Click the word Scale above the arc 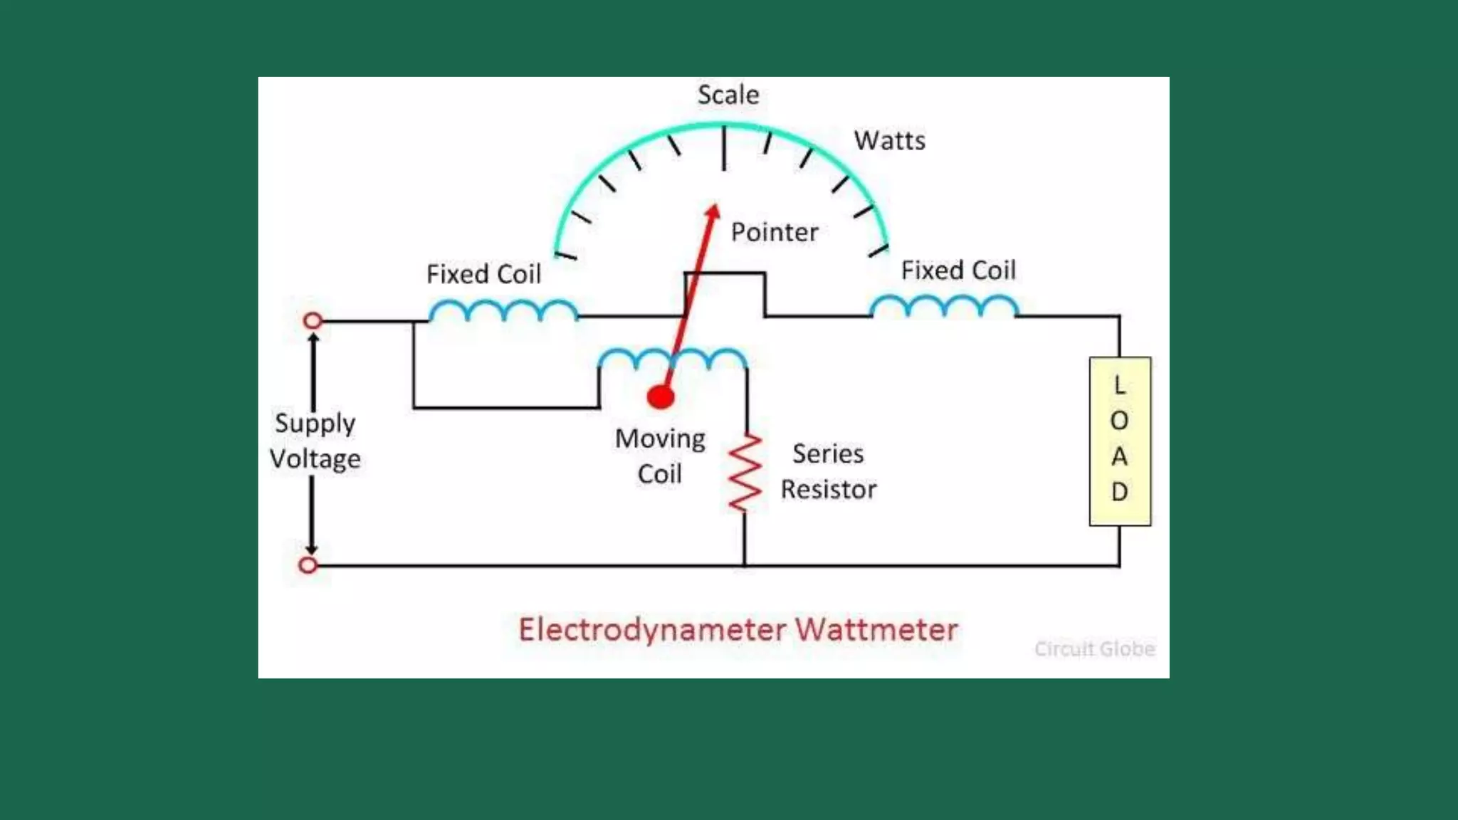tap(728, 95)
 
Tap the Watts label tap(890, 140)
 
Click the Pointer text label tap(775, 232)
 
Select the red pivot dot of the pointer tap(661, 396)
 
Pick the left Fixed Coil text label tap(483, 274)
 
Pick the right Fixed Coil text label tap(958, 270)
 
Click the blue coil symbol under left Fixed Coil tap(503, 310)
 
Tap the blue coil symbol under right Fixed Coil tap(944, 306)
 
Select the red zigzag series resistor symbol tap(745, 473)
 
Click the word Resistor tap(828, 490)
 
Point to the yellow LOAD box tap(1119, 441)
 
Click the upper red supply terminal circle tap(313, 320)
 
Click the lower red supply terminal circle tap(308, 565)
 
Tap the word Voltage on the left tap(315, 459)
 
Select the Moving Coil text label tap(660, 456)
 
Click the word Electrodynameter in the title tap(652, 630)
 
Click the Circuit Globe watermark tap(1094, 648)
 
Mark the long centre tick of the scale tap(724, 148)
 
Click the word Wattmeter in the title tap(876, 630)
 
